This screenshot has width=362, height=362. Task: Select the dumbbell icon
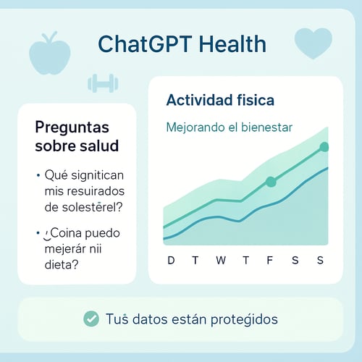102,83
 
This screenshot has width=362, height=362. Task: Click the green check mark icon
91,319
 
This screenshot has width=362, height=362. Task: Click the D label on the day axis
171,261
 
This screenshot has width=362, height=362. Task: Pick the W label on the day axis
221,261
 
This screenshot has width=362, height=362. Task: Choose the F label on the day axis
270,261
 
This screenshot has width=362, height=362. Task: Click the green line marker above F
270,182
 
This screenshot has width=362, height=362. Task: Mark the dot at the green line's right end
324,147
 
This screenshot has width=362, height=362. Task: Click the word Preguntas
72,127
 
